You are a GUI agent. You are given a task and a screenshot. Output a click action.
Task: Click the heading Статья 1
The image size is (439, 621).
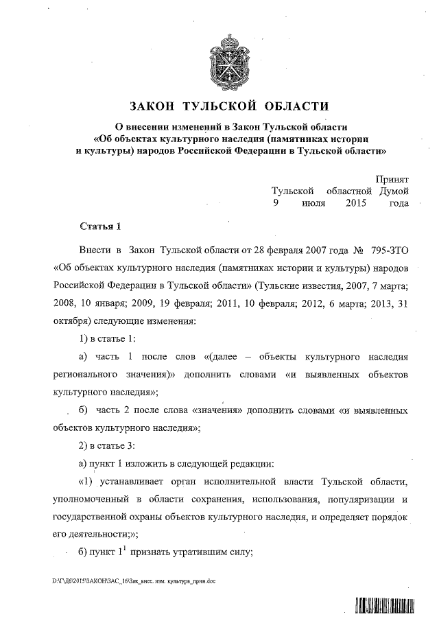(x=100, y=226)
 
